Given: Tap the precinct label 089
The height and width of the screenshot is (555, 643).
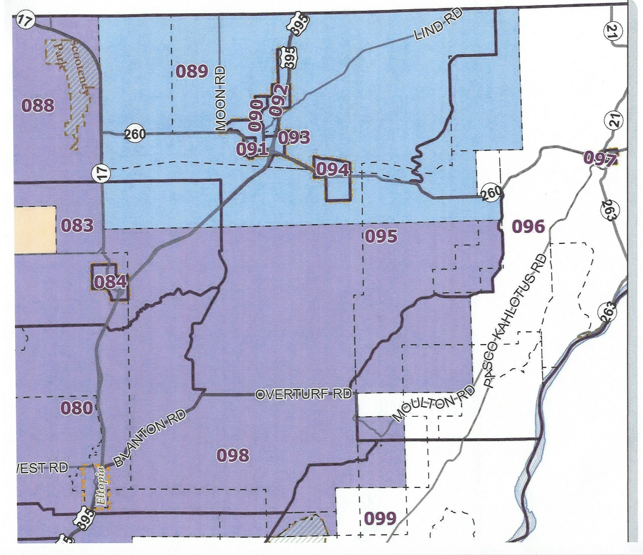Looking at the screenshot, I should coord(192,71).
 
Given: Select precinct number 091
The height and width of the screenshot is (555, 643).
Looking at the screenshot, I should coord(252,149).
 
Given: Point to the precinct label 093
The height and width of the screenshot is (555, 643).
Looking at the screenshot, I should coord(294,138).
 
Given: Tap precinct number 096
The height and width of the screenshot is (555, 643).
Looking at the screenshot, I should coord(528,227).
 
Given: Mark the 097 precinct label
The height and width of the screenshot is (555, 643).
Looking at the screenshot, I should coord(600,159).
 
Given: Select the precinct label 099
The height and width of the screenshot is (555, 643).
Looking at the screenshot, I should coord(380,518).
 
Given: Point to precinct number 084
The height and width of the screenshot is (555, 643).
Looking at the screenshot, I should coord(110,282).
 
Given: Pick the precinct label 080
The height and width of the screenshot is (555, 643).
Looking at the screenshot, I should coord(77,408).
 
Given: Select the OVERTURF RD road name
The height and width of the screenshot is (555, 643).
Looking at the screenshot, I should coord(303,394).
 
